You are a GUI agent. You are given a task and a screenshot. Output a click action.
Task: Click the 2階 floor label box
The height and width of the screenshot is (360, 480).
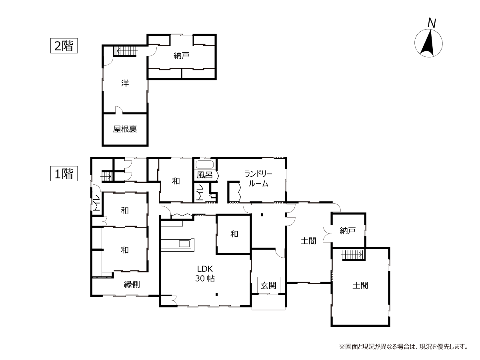pos(64,46)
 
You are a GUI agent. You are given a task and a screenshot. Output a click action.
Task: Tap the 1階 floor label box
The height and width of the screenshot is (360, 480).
pos(64,174)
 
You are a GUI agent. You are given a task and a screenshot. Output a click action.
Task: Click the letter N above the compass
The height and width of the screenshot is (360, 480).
pos(432,23)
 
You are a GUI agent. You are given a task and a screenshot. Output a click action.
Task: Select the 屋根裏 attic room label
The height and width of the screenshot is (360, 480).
pos(125,129)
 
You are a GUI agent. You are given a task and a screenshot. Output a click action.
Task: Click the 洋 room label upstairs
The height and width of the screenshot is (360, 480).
pos(125,83)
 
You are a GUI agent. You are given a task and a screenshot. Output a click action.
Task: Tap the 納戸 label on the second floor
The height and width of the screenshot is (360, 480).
pos(181,56)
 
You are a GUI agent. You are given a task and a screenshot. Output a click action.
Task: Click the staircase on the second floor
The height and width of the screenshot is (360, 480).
pos(126,52)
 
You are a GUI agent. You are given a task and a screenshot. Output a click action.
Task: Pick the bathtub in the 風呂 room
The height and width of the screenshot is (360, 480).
pos(204,164)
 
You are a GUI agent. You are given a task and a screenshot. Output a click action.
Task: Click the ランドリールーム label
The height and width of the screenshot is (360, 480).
pos(258,179)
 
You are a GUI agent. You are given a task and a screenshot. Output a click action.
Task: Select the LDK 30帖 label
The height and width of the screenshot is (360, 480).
pos(205,274)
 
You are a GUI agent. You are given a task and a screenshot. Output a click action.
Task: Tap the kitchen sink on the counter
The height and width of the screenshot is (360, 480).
pos(184,244)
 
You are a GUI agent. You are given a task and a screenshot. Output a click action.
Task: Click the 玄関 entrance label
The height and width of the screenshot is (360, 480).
pos(268,286)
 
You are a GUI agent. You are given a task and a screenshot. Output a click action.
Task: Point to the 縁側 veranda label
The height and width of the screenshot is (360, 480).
pos(132,284)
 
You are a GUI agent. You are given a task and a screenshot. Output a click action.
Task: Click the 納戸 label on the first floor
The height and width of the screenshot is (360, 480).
pos(348,230)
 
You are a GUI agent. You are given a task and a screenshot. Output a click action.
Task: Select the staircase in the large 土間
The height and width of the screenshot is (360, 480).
pos(353,255)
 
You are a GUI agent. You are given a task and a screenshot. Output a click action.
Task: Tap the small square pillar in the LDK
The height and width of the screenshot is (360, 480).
pos(216,294)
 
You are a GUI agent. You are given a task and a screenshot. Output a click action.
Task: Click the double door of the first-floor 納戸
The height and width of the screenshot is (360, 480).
pos(327,234)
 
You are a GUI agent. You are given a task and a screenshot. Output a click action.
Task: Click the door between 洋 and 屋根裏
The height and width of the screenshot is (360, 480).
pos(119,110)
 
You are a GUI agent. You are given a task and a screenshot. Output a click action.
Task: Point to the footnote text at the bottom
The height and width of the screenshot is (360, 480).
pos(404,347)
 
